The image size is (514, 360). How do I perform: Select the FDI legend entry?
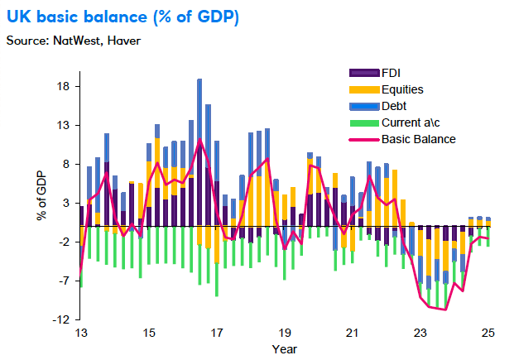[393, 74]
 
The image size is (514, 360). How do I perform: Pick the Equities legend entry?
[403, 89]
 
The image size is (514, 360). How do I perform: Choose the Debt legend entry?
[395, 106]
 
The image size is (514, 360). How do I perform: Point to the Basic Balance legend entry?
[418, 139]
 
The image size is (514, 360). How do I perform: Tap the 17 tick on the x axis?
[216, 334]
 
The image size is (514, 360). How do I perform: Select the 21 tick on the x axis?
[352, 334]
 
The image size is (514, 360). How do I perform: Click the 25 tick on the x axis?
[488, 334]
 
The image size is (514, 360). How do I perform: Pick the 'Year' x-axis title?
[284, 348]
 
